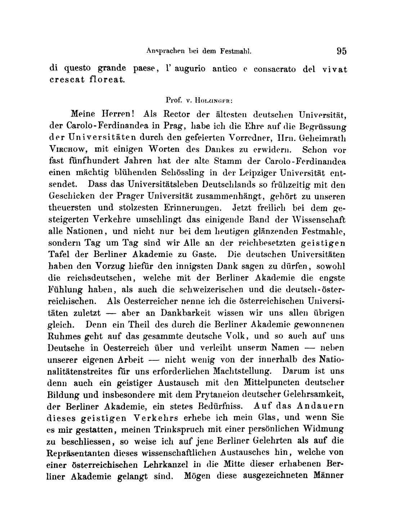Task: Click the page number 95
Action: coord(341,51)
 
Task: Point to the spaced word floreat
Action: coord(107,80)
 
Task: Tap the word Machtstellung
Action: coord(241,371)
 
